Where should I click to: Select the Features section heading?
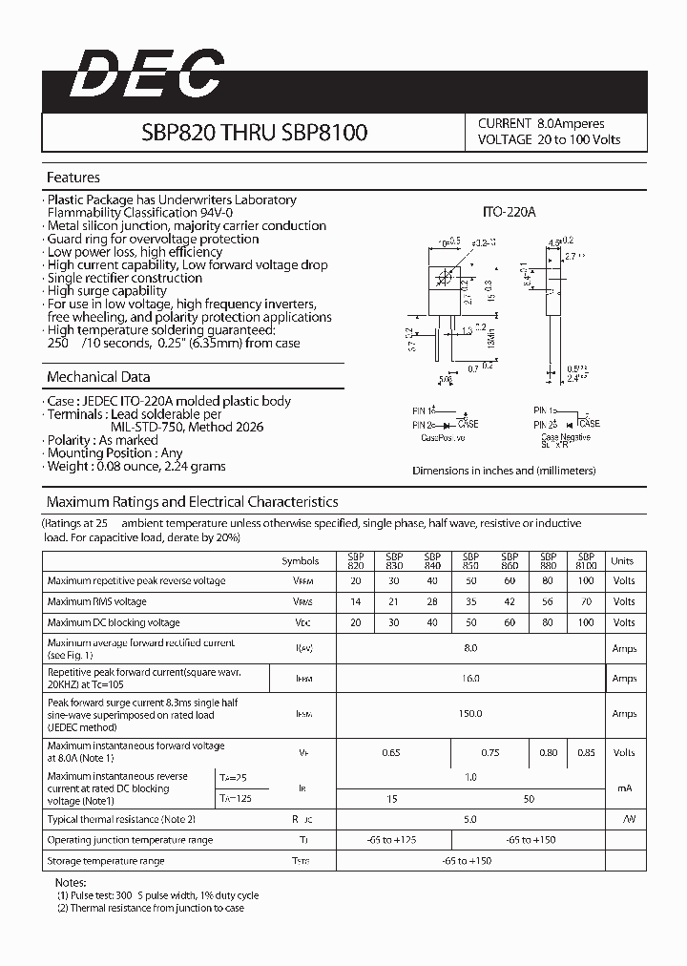73,178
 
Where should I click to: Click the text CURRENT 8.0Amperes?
541,123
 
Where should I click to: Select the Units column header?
622,561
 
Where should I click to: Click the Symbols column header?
302,561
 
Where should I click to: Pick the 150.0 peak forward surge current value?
470,714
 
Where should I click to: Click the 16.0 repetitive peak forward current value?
470,679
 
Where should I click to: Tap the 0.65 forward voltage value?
391,753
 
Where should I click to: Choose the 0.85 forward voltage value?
586,753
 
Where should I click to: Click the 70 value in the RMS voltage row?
586,601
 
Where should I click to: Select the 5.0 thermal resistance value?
470,819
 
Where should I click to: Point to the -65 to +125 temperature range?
391,840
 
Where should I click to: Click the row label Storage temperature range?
106,861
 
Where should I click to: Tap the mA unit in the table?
623,787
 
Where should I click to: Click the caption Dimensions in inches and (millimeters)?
504,471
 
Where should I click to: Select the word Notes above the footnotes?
71,883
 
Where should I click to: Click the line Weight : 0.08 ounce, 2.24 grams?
137,467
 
